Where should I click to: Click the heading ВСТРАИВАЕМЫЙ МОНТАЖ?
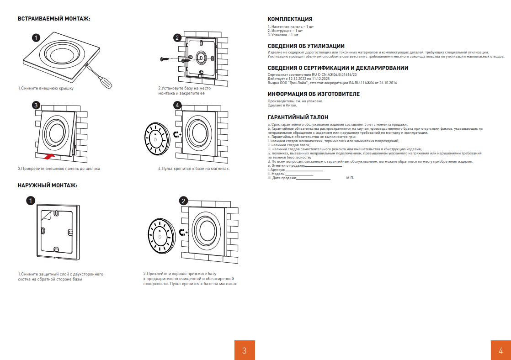tap(54, 19)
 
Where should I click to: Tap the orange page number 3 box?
tap(244, 350)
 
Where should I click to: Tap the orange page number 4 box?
tap(501, 350)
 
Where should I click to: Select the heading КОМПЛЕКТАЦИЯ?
tap(290, 19)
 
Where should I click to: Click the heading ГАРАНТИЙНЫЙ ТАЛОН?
tap(298, 117)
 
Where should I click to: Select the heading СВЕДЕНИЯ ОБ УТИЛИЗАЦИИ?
tap(306, 46)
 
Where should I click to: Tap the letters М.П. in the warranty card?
tap(350, 178)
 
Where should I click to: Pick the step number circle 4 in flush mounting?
tap(177, 105)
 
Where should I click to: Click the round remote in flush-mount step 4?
tap(155, 138)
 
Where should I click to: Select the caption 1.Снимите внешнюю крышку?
tap(46, 88)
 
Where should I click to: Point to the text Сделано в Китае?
tap(279, 105)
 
